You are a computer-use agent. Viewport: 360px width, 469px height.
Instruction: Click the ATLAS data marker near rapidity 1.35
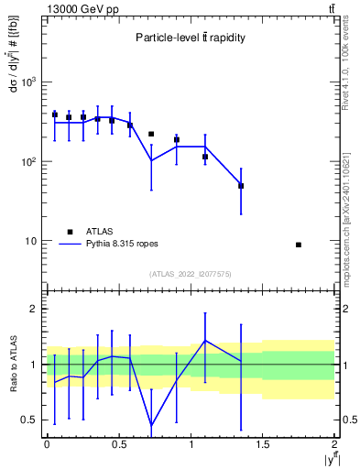tap(241, 186)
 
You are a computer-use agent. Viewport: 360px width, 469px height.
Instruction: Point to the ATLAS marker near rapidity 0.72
tap(151, 134)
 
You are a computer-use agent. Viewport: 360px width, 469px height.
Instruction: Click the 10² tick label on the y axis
tap(29, 162)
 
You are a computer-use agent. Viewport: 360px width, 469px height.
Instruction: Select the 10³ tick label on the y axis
tap(29, 82)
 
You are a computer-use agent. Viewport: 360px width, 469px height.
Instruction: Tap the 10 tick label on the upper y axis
tap(32, 242)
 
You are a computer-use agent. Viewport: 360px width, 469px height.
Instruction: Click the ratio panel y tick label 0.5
tap(33, 420)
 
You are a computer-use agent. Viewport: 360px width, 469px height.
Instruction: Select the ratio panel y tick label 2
tap(38, 310)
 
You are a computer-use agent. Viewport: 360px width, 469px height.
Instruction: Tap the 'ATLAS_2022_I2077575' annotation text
tap(191, 274)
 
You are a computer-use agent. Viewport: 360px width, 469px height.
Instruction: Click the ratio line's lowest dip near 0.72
tap(151, 425)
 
